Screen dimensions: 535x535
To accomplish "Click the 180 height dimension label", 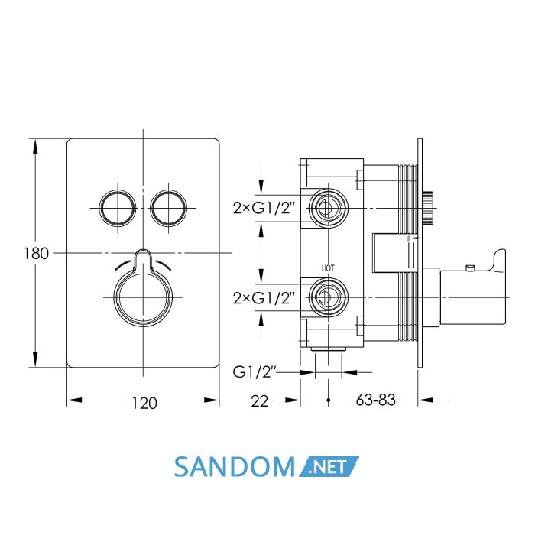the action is click(37, 254).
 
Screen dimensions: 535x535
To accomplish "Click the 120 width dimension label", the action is click(144, 403).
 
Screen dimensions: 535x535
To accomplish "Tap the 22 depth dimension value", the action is click(260, 401).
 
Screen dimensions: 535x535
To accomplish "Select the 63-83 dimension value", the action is click(376, 400).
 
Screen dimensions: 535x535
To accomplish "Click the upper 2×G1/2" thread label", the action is click(264, 207).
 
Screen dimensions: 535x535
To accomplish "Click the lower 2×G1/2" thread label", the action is click(264, 298).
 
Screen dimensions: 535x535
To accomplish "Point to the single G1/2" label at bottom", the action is click(255, 372).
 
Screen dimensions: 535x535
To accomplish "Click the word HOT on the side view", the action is click(328, 268).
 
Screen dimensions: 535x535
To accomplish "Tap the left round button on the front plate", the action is click(118, 208).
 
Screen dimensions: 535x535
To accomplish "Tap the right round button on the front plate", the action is click(169, 208).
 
